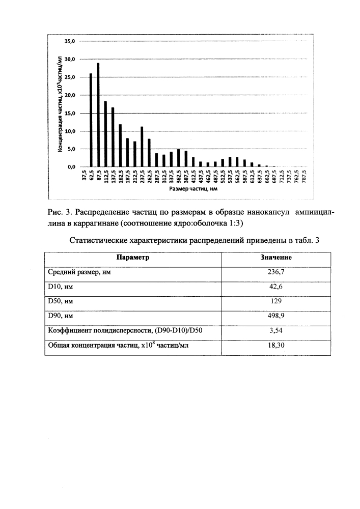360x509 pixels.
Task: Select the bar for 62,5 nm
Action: (91, 120)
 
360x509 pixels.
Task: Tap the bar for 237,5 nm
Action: (142, 147)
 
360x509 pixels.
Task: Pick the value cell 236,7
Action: (276, 272)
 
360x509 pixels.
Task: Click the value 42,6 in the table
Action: (276, 287)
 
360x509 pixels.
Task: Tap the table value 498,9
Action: (276, 317)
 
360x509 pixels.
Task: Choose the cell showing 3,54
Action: (276, 331)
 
